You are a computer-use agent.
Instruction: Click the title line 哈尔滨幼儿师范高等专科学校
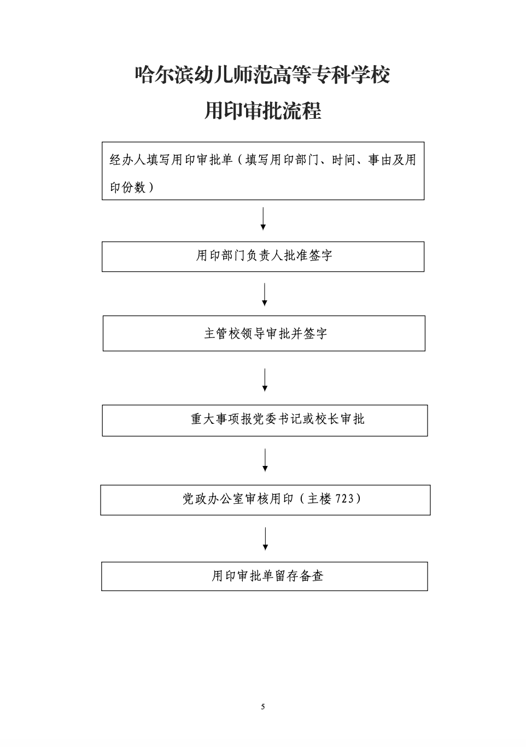click(262, 75)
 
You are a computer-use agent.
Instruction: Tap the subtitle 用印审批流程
click(262, 110)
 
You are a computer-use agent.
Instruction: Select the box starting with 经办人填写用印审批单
click(263, 171)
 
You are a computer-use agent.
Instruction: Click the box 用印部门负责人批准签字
click(263, 256)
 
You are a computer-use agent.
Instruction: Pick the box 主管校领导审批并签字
click(264, 333)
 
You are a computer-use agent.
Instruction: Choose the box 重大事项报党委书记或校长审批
click(265, 420)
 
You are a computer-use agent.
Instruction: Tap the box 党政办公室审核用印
click(265, 500)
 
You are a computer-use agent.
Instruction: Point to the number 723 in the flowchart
click(344, 499)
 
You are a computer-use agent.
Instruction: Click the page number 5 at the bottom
click(262, 707)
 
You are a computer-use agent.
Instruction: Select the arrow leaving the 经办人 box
click(263, 219)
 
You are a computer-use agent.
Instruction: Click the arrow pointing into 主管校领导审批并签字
click(264, 294)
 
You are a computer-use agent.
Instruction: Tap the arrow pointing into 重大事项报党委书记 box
click(265, 380)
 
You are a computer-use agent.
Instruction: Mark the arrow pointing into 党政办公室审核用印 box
click(265, 460)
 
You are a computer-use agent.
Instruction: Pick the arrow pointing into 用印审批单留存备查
click(265, 539)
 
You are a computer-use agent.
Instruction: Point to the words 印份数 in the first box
click(127, 188)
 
